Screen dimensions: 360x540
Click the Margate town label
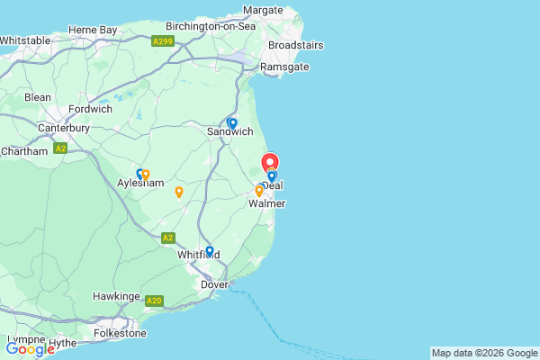263,9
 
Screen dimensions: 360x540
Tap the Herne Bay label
94,30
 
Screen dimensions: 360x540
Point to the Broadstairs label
295,44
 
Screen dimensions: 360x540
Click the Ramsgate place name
284,67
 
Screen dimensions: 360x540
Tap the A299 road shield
163,41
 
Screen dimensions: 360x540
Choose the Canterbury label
63,128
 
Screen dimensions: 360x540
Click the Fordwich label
90,109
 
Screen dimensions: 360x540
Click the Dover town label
214,284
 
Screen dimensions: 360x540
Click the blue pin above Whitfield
210,251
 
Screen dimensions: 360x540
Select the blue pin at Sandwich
232,123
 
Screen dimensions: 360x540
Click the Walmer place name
267,204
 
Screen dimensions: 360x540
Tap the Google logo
30,349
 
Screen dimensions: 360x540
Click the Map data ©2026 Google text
483,352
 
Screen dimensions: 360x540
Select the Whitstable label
25,40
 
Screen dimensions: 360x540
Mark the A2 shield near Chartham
60,148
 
